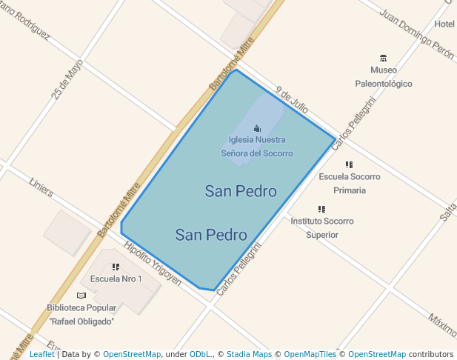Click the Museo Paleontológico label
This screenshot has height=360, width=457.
383,77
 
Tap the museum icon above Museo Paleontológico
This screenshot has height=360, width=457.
383,58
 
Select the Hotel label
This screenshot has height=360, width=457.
444,24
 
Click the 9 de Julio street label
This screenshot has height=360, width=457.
291,100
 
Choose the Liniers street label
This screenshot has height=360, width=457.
41,187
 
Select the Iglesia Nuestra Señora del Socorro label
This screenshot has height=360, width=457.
257,146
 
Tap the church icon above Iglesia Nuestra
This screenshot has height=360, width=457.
257,128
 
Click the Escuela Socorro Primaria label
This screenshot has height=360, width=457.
350,183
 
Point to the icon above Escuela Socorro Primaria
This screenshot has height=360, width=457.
349,164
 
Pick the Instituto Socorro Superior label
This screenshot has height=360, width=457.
321,227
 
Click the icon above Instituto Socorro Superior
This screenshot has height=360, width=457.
321,209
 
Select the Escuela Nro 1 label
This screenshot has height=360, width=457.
116,279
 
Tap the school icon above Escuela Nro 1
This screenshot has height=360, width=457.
116,267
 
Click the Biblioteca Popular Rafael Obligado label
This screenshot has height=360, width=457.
81,314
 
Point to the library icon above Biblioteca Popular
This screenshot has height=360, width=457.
81,296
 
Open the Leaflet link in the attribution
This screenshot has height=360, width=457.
41,354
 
